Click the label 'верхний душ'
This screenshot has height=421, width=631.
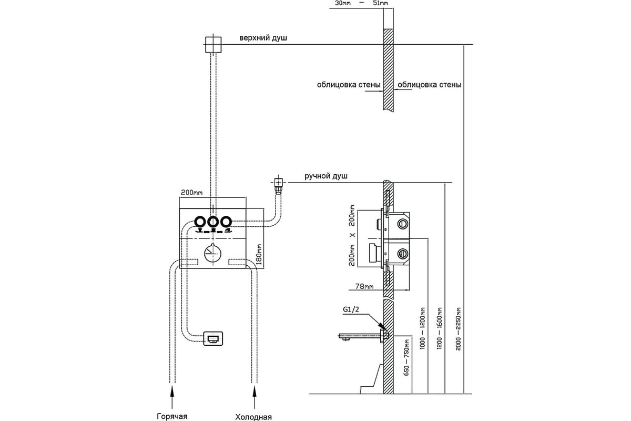point(263,38)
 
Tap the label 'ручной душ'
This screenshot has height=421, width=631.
point(326,176)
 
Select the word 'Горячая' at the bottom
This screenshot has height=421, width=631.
point(172,416)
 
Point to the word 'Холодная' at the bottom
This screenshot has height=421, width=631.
point(253,417)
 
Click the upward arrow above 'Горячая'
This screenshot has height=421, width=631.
point(172,397)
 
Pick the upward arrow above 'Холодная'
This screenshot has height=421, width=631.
point(255,397)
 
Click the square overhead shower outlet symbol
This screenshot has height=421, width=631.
point(213,45)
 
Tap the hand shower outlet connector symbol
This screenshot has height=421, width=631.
point(278,185)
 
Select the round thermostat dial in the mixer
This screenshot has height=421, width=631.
point(212,254)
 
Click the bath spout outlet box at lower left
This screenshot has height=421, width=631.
point(213,338)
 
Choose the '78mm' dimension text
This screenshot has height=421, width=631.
point(364,286)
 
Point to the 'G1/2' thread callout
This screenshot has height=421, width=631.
point(351,309)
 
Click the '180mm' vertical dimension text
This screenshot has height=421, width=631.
point(259,254)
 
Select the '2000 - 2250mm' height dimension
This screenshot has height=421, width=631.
point(458,329)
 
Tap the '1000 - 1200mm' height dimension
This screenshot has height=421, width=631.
point(422,328)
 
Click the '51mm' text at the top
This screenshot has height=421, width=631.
point(380,3)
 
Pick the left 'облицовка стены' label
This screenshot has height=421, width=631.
point(349,85)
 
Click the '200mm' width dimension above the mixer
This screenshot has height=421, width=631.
point(191,193)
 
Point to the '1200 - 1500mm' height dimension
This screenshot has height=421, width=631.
point(440,328)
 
